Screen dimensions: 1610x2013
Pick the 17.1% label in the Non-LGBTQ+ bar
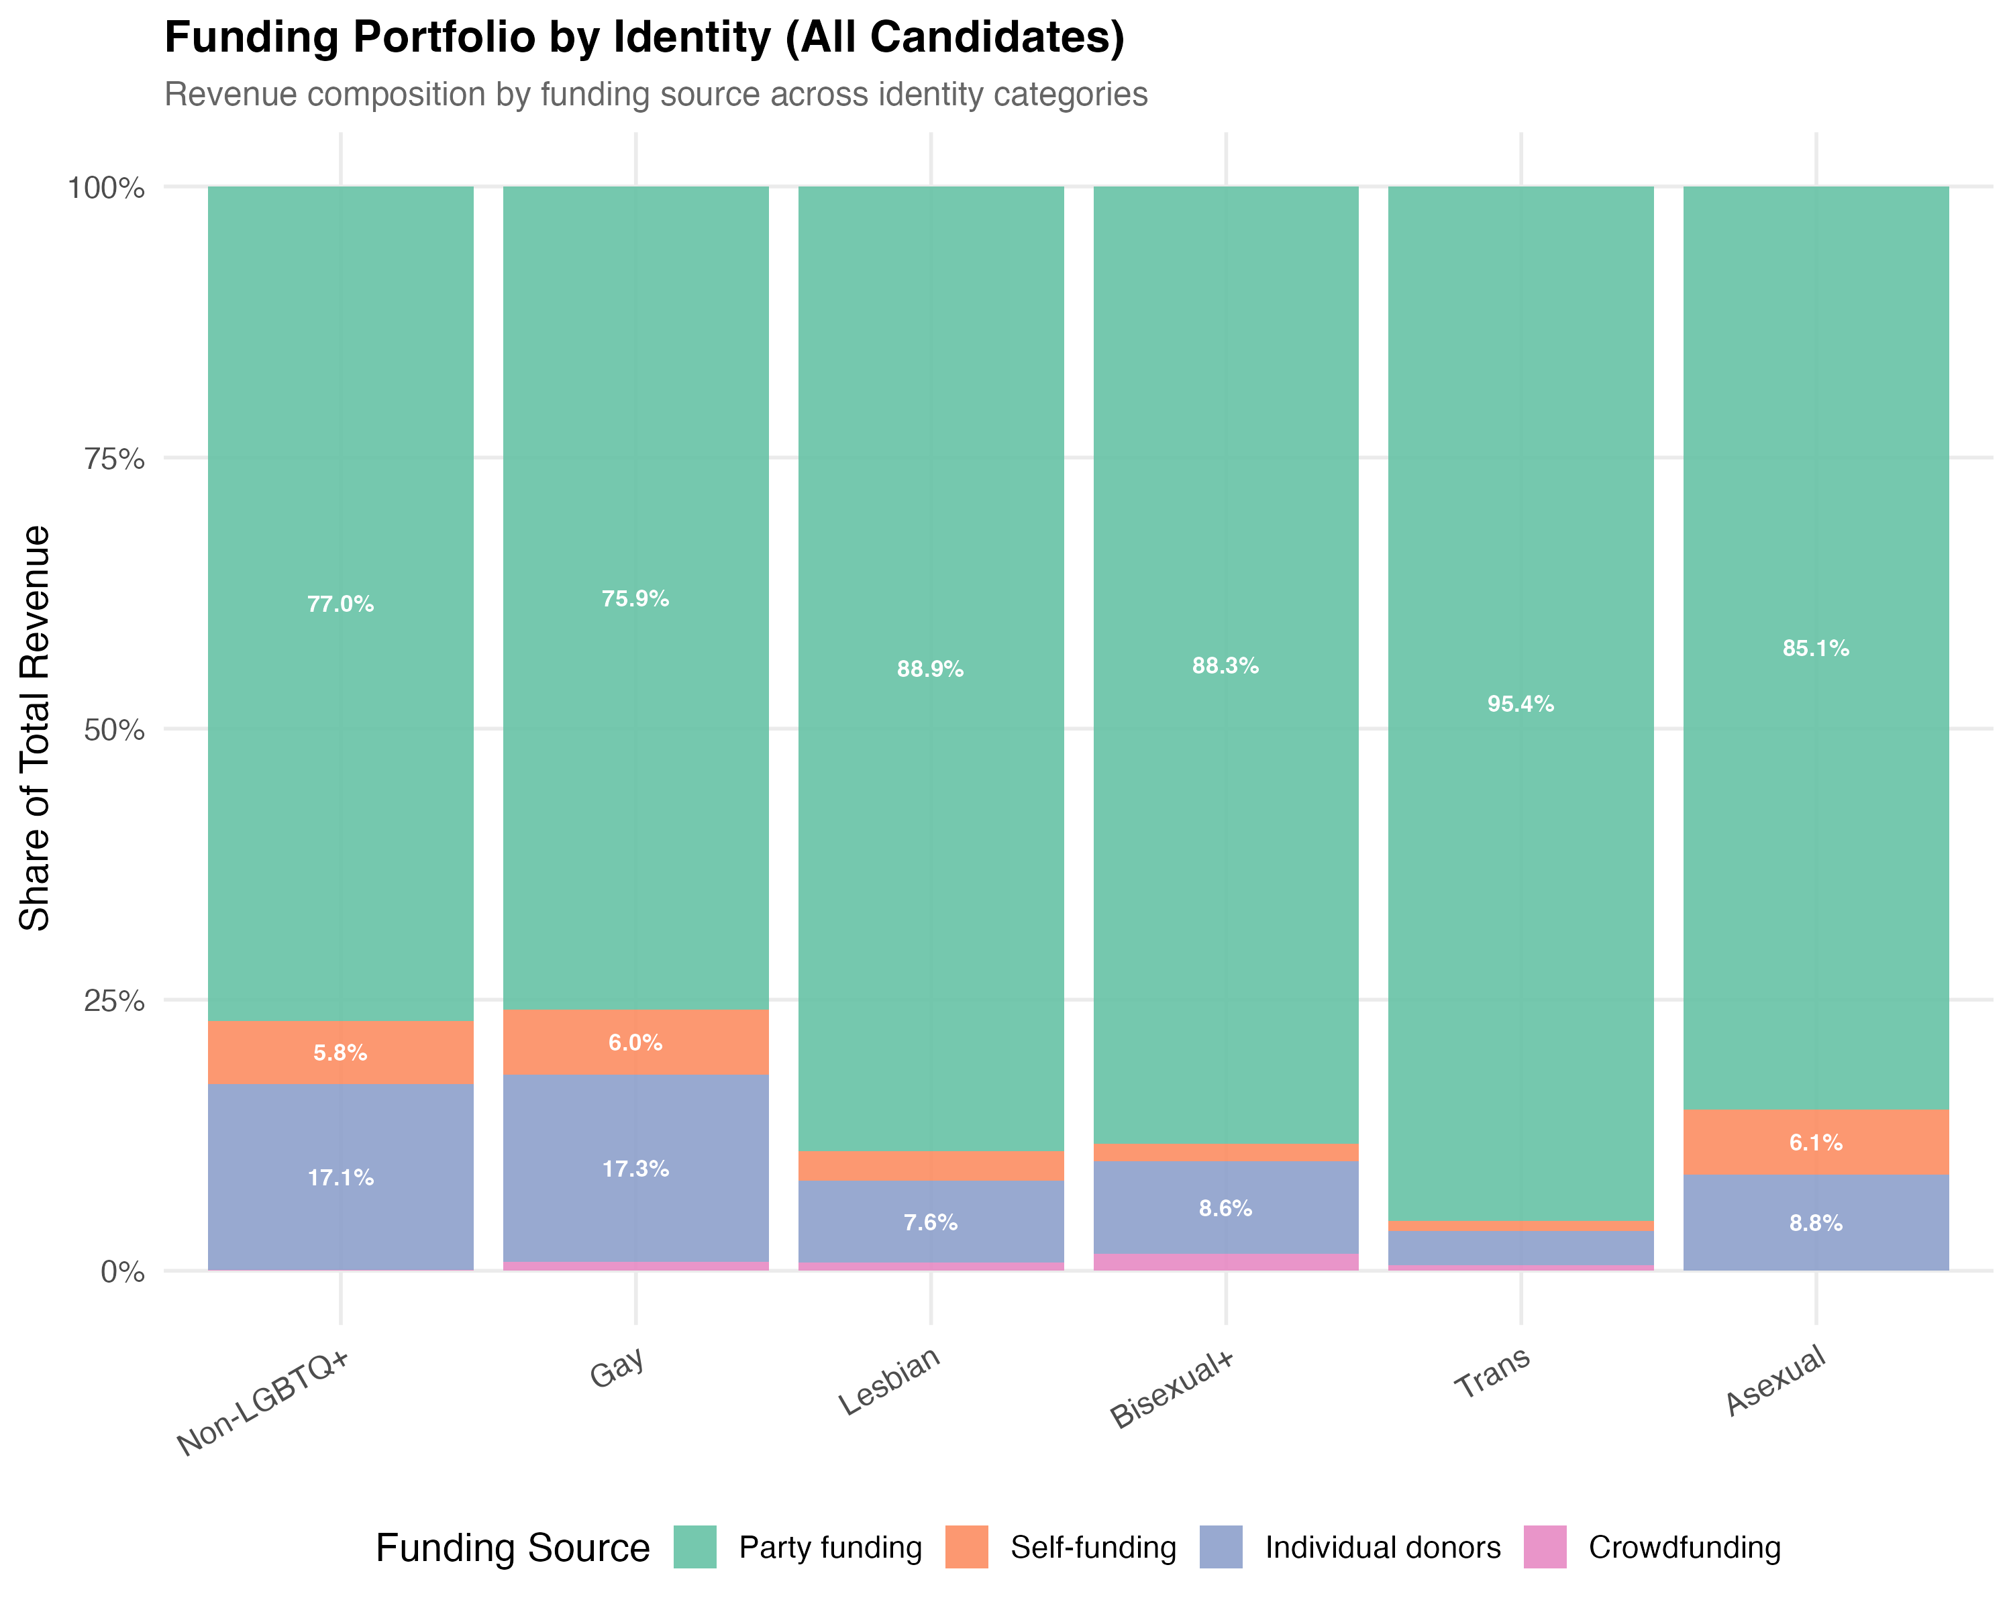(341, 1178)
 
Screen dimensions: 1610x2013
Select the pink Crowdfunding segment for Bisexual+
(1225, 1261)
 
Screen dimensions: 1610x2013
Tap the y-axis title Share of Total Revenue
(36, 728)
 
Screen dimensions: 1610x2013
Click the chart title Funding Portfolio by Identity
(644, 38)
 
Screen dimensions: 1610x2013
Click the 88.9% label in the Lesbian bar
(930, 669)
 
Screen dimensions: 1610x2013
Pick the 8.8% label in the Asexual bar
(1815, 1223)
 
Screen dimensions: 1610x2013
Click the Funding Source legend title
(512, 1548)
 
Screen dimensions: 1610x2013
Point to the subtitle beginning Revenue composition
(656, 95)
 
